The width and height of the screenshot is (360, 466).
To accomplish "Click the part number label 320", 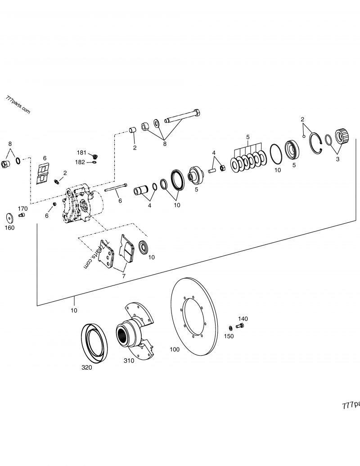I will [86, 367].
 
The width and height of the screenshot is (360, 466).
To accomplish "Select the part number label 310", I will [130, 361].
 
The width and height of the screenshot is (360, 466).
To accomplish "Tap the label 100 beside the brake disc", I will [174, 349].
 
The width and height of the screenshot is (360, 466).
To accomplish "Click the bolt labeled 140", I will [240, 326].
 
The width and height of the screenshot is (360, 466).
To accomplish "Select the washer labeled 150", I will [231, 327].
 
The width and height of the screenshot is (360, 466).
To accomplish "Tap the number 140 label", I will [243, 318].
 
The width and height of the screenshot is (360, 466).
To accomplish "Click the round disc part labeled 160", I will [9, 218].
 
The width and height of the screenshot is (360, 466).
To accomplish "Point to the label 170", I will [22, 208].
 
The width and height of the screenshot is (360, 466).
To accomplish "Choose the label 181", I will [81, 153].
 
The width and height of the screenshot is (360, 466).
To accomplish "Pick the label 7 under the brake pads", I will [123, 276].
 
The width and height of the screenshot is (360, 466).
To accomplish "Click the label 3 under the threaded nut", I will [337, 159].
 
